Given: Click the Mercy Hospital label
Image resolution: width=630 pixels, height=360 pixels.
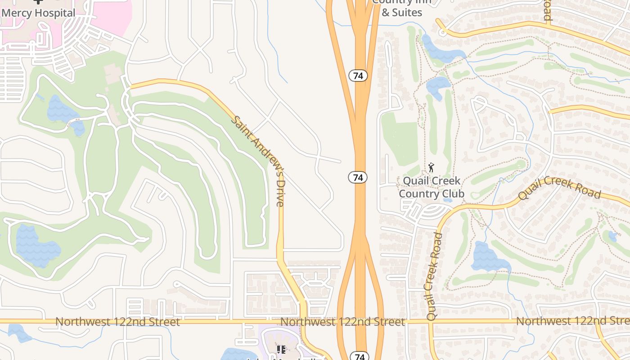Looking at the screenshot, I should [38, 13].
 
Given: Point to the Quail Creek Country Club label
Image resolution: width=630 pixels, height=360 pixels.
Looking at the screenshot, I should [431, 187].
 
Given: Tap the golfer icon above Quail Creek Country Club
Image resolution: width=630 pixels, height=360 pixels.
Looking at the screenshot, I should [431, 168].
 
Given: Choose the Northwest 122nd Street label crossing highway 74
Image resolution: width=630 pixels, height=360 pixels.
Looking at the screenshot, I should [342, 322].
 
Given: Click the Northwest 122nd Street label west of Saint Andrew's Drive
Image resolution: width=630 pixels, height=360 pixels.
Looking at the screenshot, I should [117, 322].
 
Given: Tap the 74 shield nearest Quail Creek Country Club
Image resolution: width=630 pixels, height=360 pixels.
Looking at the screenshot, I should [358, 177].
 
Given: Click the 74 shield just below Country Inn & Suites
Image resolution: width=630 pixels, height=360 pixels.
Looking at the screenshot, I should [358, 76].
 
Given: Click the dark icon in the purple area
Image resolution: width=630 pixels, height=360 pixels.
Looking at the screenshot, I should [281, 349].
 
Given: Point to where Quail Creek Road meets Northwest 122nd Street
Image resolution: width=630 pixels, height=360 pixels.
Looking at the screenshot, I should [431, 322].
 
